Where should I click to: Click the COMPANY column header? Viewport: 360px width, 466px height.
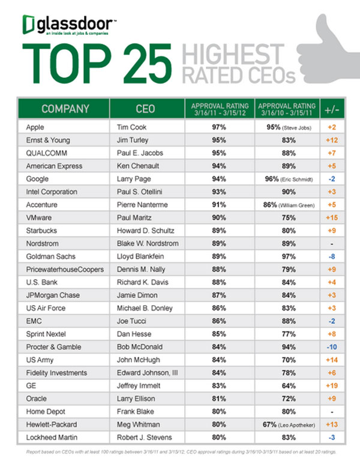65,109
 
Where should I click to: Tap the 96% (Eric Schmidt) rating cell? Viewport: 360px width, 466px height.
286,178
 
